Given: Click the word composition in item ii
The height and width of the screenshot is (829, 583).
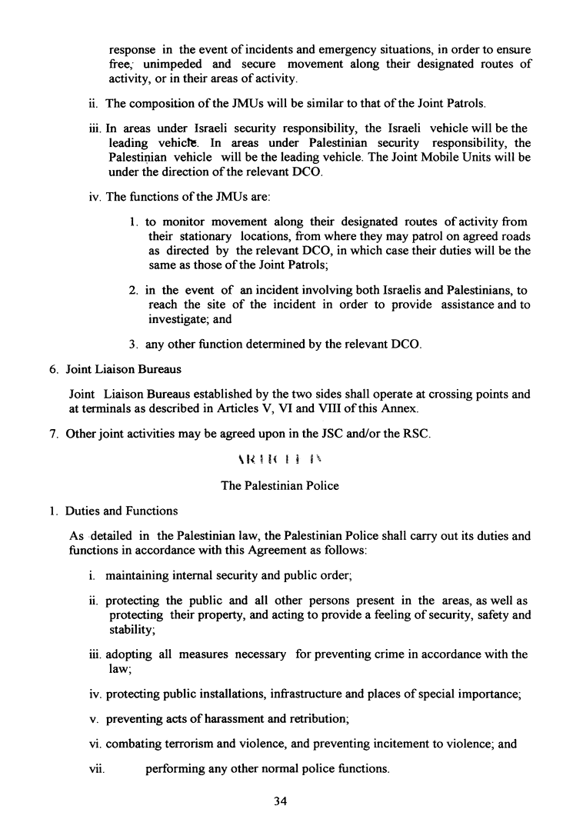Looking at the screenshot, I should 165,103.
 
